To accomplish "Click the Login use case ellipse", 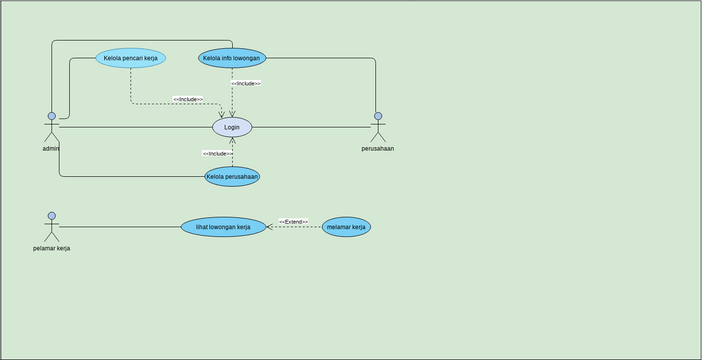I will point(232,127).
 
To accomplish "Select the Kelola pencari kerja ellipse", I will point(131,58).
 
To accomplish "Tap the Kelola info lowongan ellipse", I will point(232,58).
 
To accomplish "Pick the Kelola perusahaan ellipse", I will point(232,177).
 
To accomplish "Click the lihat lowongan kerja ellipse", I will point(223,227).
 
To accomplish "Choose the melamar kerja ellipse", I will point(346,227).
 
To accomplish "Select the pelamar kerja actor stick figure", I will point(51,227).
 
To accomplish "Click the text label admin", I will point(51,149).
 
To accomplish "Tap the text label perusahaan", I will point(377,149).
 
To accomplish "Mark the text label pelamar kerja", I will point(51,248).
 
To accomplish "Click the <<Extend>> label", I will point(293,221).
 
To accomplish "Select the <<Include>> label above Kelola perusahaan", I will point(217,153).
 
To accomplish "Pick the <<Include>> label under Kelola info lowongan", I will point(246,83).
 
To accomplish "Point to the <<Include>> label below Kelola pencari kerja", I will point(187,99).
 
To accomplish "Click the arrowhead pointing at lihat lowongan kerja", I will point(269,227).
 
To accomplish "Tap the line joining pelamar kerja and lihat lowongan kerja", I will point(120,227).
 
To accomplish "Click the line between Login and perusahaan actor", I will point(310,127).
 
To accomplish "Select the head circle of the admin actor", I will point(51,116).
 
